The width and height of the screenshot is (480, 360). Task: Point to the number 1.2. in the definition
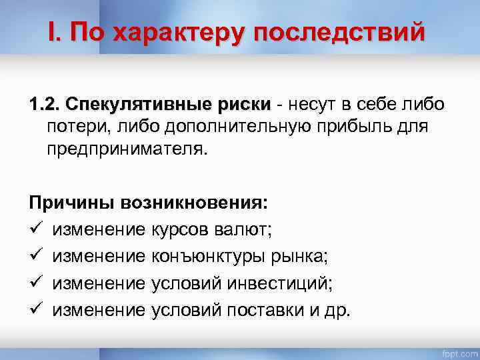pos(43,105)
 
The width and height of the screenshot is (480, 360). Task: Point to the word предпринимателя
pos(127,148)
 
